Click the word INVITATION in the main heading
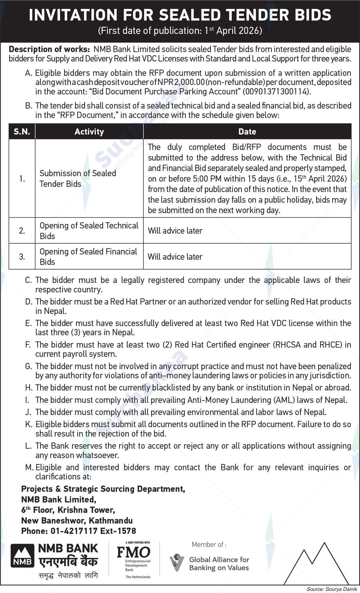73,15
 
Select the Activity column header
89,132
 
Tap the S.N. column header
22,132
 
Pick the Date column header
247,132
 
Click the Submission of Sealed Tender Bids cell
78,178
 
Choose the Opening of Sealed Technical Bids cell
89,230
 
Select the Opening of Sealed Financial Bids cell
88,256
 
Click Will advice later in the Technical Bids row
175,231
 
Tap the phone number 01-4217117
72,531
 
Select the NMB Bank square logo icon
23,556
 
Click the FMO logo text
134,552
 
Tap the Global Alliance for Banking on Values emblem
176,563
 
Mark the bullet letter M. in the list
29,467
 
